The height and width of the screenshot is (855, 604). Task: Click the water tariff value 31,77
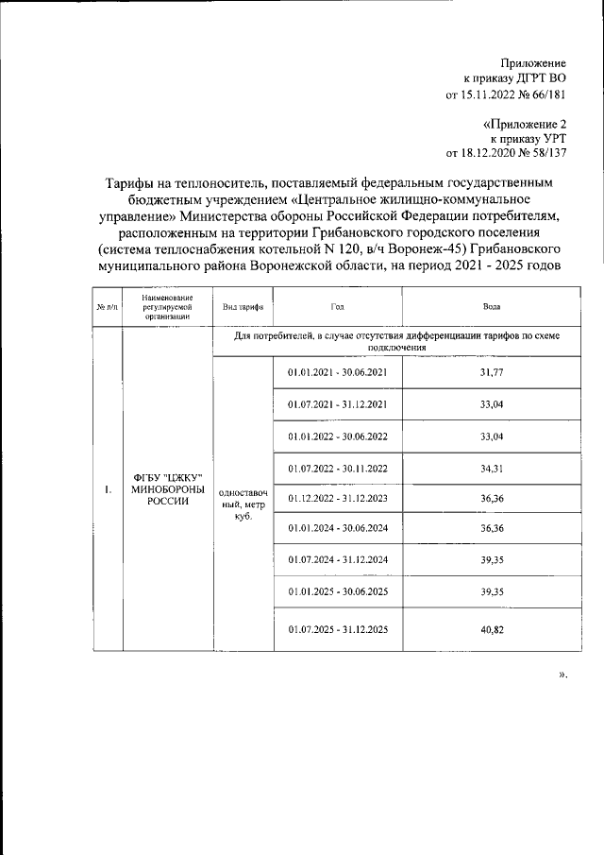click(x=491, y=373)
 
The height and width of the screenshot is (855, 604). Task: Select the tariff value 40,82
click(x=491, y=630)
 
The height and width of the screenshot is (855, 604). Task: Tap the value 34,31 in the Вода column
click(x=491, y=470)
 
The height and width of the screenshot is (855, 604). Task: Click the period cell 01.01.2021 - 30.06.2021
click(x=337, y=373)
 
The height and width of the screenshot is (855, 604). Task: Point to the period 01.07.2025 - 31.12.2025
click(x=337, y=630)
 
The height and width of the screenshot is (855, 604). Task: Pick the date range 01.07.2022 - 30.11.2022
click(x=337, y=470)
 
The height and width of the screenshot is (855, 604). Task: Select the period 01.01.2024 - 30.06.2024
click(x=337, y=530)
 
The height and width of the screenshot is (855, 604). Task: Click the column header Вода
click(x=491, y=307)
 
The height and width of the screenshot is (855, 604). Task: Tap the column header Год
click(x=337, y=307)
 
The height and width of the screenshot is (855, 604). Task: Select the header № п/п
click(x=108, y=307)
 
